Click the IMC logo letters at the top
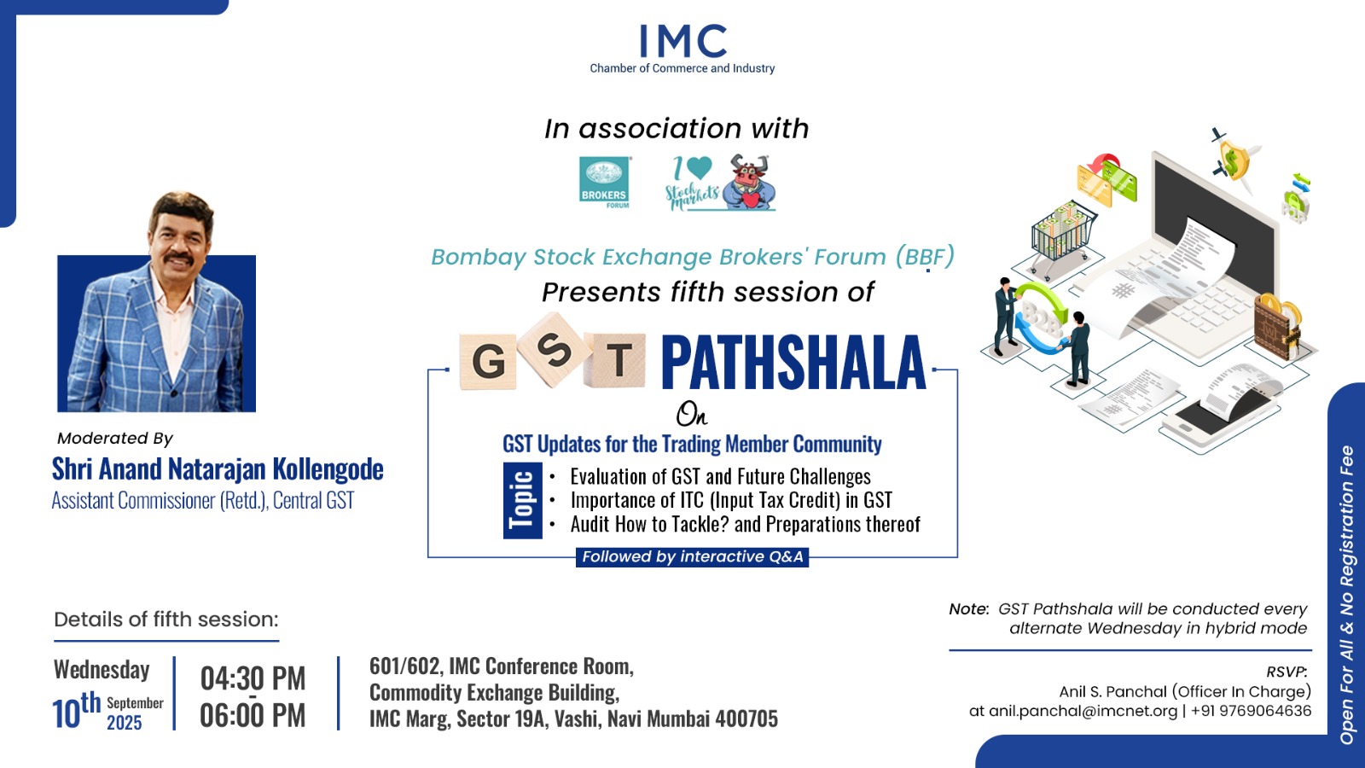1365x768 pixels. coord(682,41)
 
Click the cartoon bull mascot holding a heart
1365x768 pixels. coord(749,182)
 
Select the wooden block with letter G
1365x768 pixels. coord(488,362)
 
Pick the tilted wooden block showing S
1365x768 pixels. coord(555,350)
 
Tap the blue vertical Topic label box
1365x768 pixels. coord(522,500)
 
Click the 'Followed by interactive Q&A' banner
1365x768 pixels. coord(692,556)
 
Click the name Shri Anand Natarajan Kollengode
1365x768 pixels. coord(218,468)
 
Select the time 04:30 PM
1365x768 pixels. coord(253,678)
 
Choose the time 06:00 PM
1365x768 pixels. coord(253,715)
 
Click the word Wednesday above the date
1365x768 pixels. coord(102,669)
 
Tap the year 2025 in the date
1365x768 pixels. coord(125,723)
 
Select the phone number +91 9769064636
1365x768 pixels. coord(1251,712)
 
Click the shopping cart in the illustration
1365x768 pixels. coord(1061,236)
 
